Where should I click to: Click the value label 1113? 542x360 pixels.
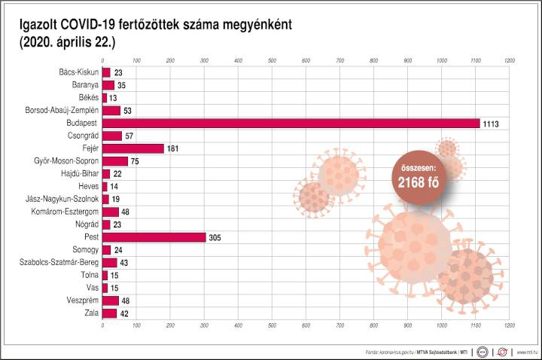click(492, 124)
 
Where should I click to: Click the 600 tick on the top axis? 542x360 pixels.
click(306, 59)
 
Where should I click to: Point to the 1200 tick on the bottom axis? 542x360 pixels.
click(510, 325)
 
